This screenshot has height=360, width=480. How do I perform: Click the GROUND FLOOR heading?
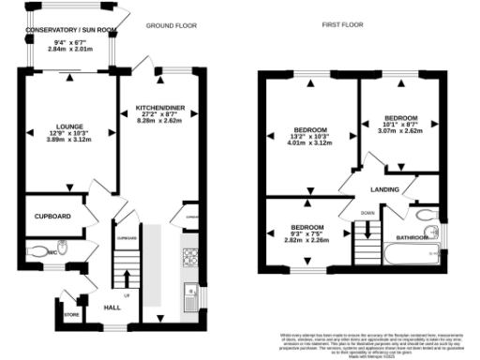[x=169, y=28]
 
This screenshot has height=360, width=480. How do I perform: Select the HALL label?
[x=112, y=307]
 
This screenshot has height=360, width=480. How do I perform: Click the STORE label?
[x=71, y=314]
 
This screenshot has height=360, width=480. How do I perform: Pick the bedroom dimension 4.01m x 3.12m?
[x=308, y=143]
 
